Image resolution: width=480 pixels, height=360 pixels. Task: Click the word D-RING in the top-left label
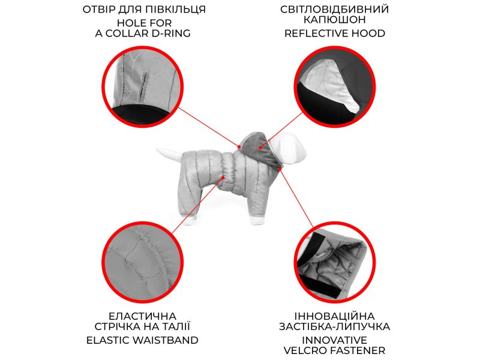[171, 33]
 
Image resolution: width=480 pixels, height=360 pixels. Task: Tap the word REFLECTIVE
[315, 33]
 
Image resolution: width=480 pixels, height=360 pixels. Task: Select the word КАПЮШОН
[335, 20]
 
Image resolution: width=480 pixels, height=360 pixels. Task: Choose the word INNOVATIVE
[335, 340]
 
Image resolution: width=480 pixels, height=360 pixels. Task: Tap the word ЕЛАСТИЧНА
[142, 316]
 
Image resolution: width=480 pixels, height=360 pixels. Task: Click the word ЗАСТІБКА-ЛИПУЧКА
[335, 326]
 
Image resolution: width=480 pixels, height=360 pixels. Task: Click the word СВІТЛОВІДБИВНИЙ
[335, 9]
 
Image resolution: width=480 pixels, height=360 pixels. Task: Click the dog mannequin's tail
[170, 155]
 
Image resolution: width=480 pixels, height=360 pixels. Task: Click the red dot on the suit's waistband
[223, 178]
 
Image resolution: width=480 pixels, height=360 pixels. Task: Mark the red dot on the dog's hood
[260, 148]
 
